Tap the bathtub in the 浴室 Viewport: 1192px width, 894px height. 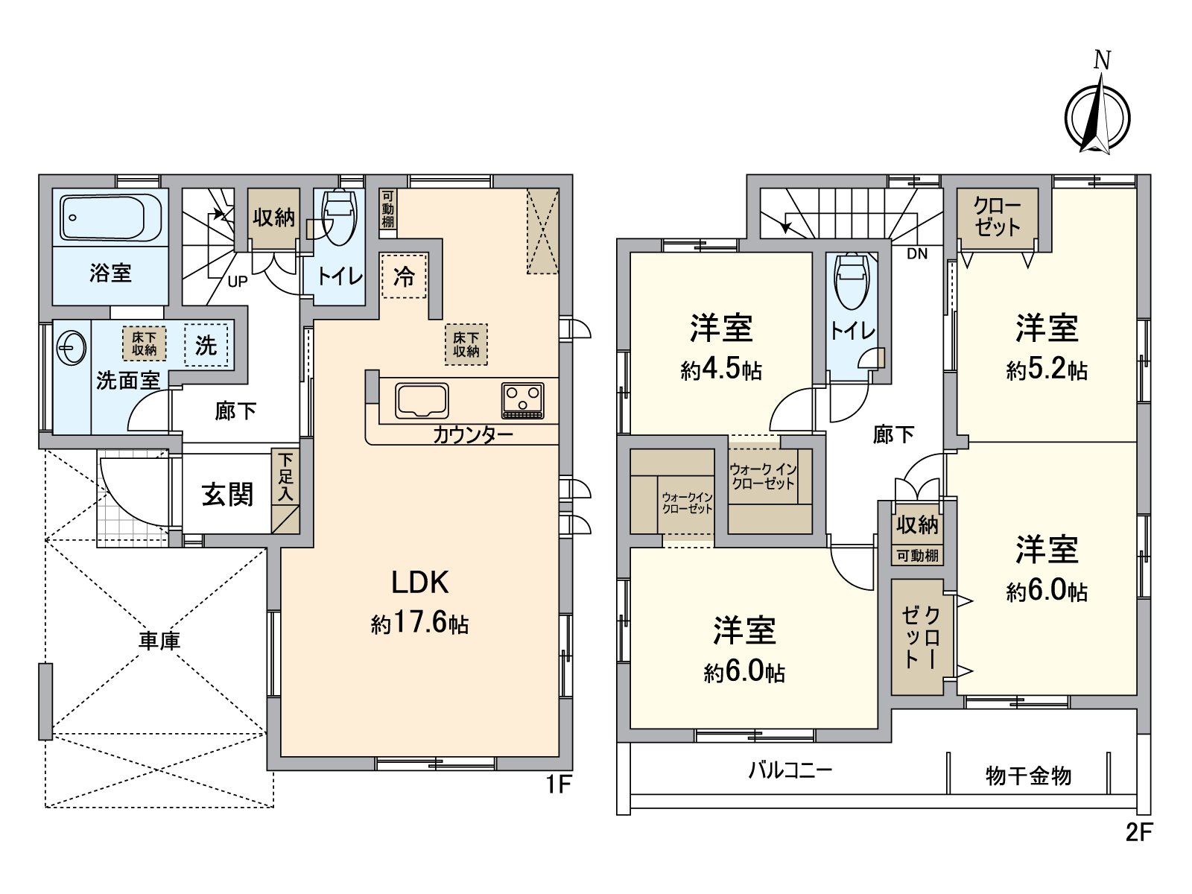(111, 217)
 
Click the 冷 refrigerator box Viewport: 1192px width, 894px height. (404, 276)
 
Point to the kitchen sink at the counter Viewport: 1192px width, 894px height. (422, 401)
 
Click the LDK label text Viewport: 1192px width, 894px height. (420, 582)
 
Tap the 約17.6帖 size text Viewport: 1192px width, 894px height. (420, 624)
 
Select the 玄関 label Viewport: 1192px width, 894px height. (227, 494)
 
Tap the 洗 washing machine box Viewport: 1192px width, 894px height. (206, 345)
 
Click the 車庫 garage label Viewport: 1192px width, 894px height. (159, 640)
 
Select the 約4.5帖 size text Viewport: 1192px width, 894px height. (721, 370)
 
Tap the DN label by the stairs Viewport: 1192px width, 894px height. (917, 254)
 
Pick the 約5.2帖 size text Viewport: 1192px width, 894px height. (1047, 370)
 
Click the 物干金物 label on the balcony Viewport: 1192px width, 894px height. (1028, 776)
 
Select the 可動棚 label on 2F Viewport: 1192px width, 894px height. (917, 556)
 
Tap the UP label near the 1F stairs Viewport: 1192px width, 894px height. (238, 282)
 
